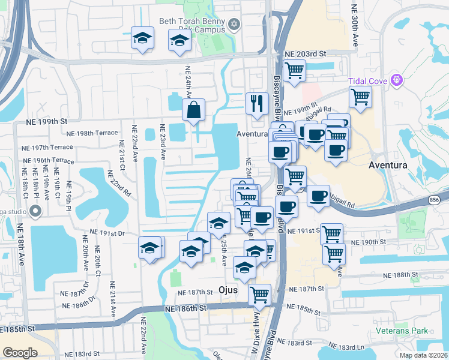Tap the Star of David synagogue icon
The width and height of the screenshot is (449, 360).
click(x=234, y=25)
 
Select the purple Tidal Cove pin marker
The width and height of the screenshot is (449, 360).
click(x=396, y=79)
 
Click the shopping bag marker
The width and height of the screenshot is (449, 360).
click(x=193, y=110)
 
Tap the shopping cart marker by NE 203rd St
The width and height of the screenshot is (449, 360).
click(x=294, y=70)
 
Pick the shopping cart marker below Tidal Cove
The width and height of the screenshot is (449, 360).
click(x=360, y=96)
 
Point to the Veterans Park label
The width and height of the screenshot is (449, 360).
click(x=402, y=331)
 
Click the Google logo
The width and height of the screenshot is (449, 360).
click(x=20, y=353)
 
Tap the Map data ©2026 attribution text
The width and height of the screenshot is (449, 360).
click(x=424, y=355)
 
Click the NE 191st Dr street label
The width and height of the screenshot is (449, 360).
click(x=107, y=232)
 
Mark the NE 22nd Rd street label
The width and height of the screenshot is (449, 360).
click(x=119, y=183)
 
